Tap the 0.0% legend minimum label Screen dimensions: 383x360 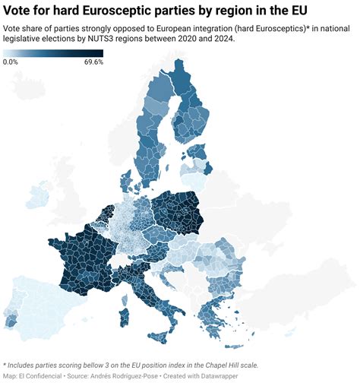pyautogui.click(x=11, y=62)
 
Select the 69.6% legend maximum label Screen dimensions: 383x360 pyautogui.click(x=93, y=62)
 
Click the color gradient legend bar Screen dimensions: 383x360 pyautogui.click(x=52, y=53)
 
